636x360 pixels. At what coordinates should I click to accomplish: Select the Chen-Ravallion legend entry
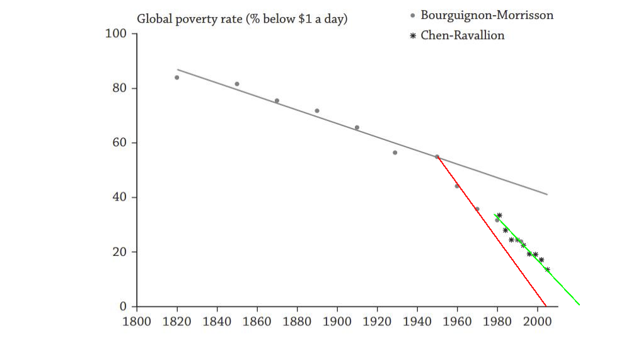coord(462,35)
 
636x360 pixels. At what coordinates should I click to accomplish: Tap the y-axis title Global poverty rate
coord(242,19)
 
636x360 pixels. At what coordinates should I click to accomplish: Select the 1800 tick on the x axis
coord(137,321)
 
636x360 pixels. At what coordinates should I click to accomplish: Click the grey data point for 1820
coord(176,78)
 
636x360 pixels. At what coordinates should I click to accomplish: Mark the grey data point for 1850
coord(237,84)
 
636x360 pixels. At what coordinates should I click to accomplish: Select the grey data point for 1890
coord(317,111)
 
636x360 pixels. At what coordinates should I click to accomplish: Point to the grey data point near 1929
coord(395,153)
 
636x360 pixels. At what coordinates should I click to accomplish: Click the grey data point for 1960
coord(457,186)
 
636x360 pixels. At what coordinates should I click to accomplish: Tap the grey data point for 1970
coord(477,209)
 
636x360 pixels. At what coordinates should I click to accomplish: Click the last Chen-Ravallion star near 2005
coord(547,270)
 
